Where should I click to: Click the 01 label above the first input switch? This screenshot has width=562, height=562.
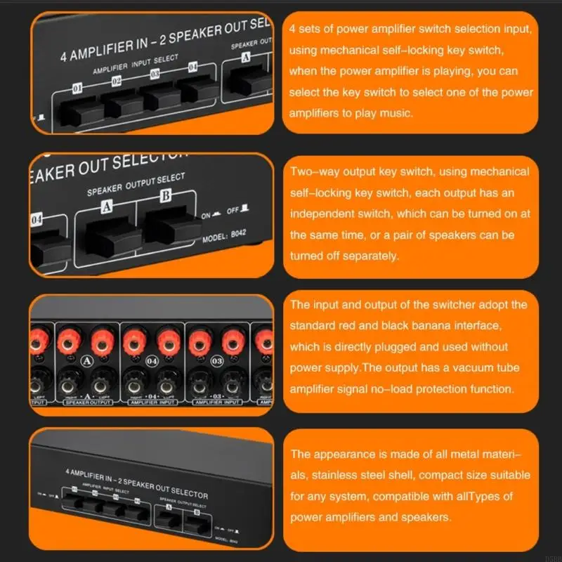78,87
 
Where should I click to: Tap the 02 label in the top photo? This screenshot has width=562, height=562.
117,81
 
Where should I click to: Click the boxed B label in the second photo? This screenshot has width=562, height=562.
164,196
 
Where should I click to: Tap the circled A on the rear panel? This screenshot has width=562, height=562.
88,362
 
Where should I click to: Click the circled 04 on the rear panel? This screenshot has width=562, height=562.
152,362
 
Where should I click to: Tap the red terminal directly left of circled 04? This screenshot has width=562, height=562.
133,342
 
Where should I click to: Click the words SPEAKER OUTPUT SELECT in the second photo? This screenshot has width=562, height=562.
136,185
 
